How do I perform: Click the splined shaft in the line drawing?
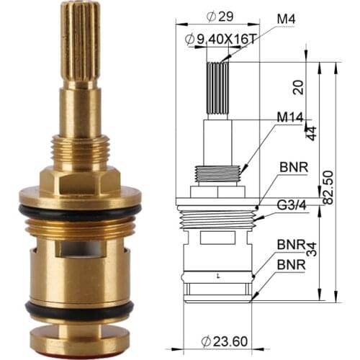click(217, 89)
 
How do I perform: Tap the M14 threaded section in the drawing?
click(216, 174)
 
